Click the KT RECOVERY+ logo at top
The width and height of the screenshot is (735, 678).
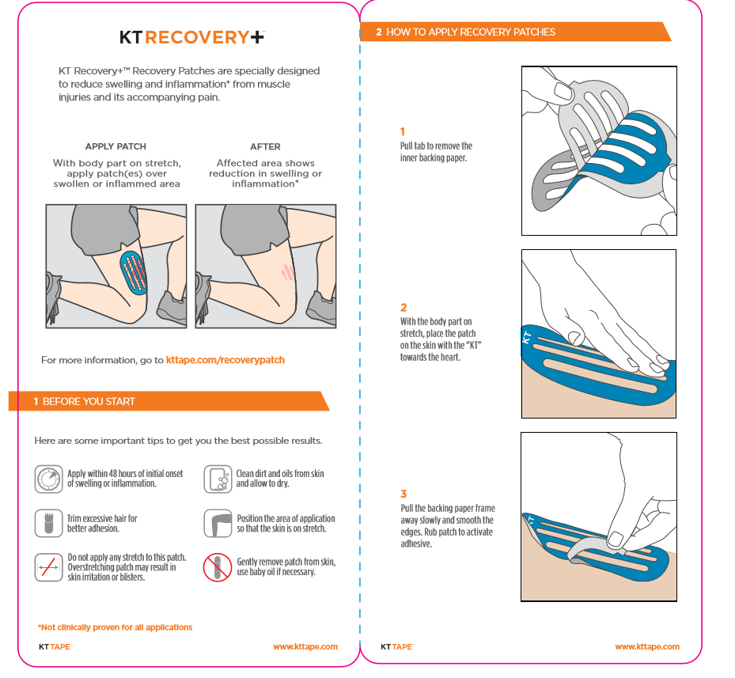pyautogui.click(x=192, y=37)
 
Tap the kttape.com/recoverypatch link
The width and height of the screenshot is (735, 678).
pyautogui.click(x=225, y=360)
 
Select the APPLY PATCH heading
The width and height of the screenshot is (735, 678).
pyautogui.click(x=116, y=146)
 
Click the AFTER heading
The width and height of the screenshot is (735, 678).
pyautogui.click(x=265, y=146)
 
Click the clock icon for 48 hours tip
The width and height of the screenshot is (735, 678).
pyautogui.click(x=49, y=479)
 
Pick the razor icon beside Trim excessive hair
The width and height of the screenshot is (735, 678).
pyautogui.click(x=49, y=523)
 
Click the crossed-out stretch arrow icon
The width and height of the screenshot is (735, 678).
pyautogui.click(x=49, y=567)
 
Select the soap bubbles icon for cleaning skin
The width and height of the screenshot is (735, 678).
pyautogui.click(x=218, y=479)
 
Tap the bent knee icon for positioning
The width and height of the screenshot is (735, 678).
pyautogui.click(x=218, y=523)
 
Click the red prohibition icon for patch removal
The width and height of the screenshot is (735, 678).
pyautogui.click(x=218, y=567)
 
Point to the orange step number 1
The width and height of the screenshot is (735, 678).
pyautogui.click(x=403, y=132)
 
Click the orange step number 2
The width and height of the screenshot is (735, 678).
pyautogui.click(x=403, y=308)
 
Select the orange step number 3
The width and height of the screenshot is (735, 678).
pyautogui.click(x=403, y=494)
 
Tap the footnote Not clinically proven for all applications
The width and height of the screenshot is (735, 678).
pyautogui.click(x=116, y=627)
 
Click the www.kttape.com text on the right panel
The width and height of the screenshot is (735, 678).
pyautogui.click(x=646, y=646)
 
